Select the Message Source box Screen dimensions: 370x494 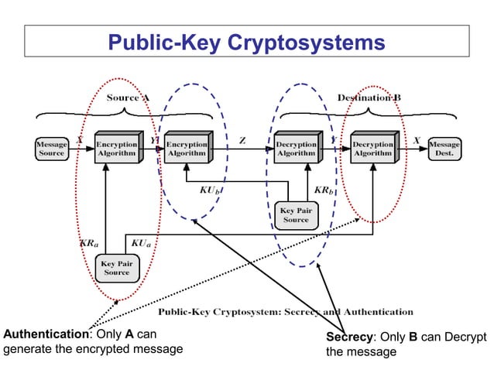(x=52, y=149)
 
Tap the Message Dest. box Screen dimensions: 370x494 (x=444, y=149)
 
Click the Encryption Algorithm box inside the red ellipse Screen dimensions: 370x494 (x=116, y=147)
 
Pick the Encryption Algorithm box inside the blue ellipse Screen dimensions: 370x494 (x=187, y=147)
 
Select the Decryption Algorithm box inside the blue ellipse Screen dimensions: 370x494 (x=296, y=147)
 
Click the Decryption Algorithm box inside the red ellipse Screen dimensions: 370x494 (x=372, y=147)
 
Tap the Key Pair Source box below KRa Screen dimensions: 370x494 (x=116, y=268)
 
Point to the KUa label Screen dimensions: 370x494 (x=141, y=243)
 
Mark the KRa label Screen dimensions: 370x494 (x=89, y=243)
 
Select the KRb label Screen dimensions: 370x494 (x=324, y=190)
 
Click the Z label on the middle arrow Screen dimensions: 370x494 (x=242, y=139)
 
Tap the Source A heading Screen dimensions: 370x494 (x=128, y=98)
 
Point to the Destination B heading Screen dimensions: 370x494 (x=369, y=98)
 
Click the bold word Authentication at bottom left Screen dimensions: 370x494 (x=46, y=334)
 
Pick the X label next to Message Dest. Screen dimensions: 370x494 (x=417, y=139)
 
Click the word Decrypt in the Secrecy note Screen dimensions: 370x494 (x=463, y=337)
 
